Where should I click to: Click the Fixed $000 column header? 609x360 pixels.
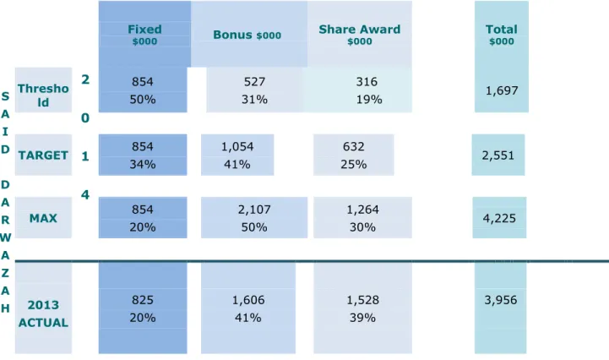(144, 35)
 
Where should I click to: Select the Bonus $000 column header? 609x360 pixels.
(247, 35)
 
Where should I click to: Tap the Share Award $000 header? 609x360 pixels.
(359, 35)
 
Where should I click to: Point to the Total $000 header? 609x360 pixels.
(502, 35)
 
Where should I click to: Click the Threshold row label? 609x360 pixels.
(43, 95)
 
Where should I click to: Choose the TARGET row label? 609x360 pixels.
(43, 155)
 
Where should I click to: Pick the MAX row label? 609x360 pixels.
(43, 218)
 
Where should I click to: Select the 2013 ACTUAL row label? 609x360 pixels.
(43, 314)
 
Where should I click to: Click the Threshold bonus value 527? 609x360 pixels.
(254, 82)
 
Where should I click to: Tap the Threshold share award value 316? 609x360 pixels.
(367, 82)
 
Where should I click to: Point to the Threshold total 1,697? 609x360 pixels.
(502, 90)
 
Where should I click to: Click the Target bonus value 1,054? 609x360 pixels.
(237, 146)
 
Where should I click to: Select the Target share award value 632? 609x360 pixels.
(353, 146)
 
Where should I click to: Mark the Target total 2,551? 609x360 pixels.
(498, 155)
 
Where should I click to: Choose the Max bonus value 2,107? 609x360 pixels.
(254, 210)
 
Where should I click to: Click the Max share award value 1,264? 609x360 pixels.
(362, 210)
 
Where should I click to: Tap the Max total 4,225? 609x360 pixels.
(499, 219)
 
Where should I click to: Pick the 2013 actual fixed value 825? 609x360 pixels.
(142, 300)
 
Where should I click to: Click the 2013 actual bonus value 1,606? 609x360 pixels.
(248, 300)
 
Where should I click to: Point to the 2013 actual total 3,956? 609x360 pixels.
(501, 300)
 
